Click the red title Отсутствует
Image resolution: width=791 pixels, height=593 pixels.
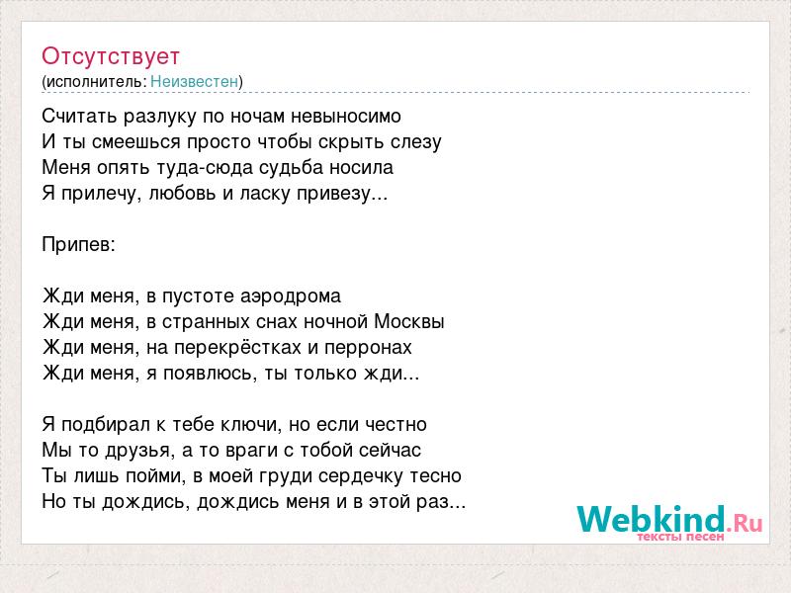(x=111, y=56)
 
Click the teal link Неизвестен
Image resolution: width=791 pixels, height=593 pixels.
(x=194, y=82)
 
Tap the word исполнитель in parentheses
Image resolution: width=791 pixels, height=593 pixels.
(x=96, y=82)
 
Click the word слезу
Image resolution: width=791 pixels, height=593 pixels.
(x=416, y=142)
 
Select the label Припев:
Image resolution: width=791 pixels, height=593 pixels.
(x=79, y=245)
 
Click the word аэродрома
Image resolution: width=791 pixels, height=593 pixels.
(x=291, y=296)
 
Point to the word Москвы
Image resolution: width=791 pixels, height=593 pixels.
(x=409, y=322)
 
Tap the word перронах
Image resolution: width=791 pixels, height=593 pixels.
(x=368, y=348)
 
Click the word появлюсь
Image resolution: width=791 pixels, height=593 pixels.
(x=208, y=374)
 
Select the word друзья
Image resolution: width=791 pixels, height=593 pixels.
(x=137, y=451)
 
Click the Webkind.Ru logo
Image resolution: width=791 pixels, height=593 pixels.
(x=669, y=520)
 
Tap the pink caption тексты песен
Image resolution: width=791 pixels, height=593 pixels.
(x=680, y=537)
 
